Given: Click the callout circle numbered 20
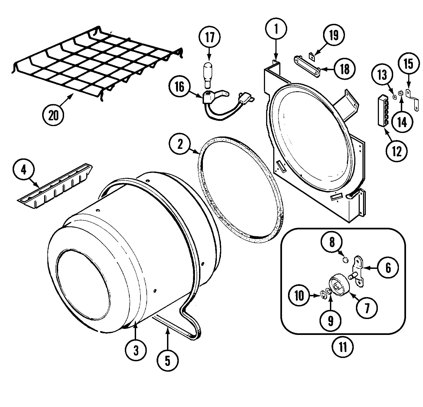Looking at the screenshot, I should [53, 115].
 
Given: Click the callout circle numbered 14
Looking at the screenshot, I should [402, 122].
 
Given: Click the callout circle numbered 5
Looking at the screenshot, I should [168, 361].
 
